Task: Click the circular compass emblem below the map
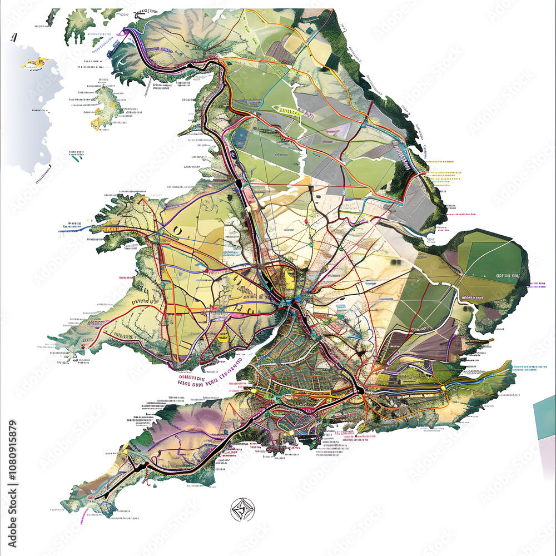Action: click(x=242, y=509)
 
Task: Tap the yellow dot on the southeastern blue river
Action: click(x=443, y=388)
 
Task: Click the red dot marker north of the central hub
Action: click(x=305, y=222)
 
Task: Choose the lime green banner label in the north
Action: click(x=290, y=111)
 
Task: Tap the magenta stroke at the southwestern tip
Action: click(x=83, y=517)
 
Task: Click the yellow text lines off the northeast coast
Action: click(x=445, y=172)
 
